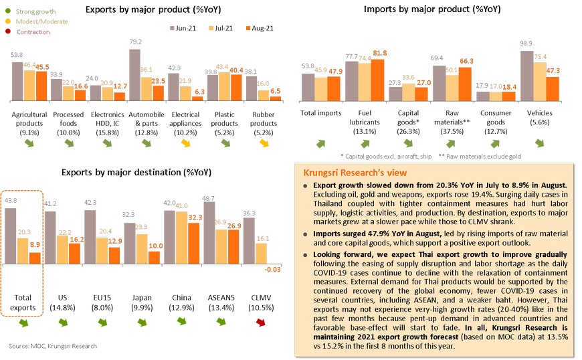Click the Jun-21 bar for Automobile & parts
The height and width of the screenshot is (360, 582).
(x=134, y=75)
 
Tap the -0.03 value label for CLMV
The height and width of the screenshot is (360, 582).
(x=273, y=269)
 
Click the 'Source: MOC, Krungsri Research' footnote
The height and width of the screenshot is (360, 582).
(x=53, y=346)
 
